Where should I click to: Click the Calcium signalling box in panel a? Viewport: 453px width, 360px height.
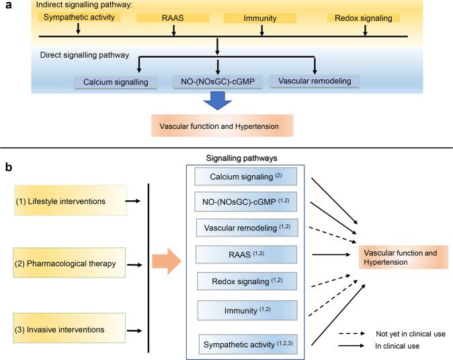click(116, 82)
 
